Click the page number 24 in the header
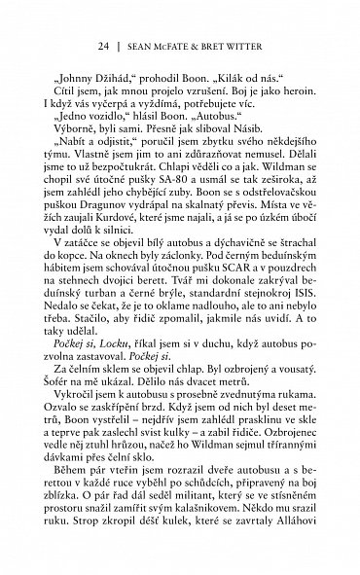(102, 45)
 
